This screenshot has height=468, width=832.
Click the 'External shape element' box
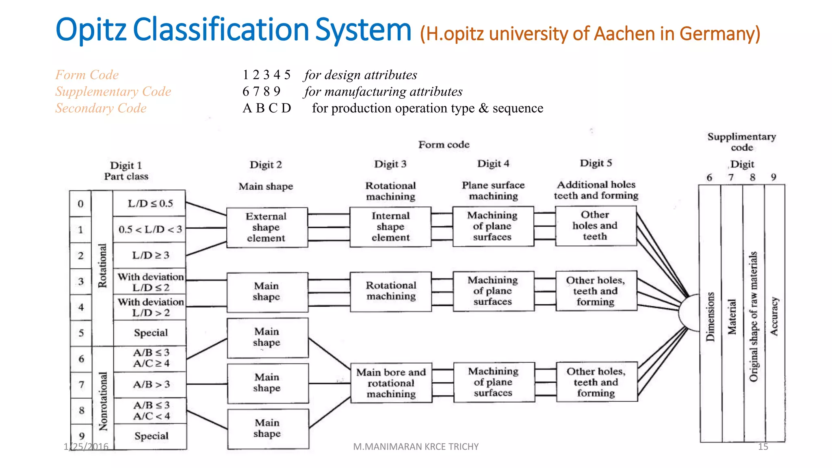coord(266,227)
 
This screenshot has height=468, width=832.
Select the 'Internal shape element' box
coord(390,227)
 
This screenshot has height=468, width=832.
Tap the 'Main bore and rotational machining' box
coord(391,383)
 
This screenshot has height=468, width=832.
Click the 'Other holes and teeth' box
coord(595,225)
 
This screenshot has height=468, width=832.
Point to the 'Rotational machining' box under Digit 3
coord(391,291)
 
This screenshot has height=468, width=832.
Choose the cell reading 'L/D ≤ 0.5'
coord(149,203)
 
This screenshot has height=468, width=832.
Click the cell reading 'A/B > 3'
coord(150,384)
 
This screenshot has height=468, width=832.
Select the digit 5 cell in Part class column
coord(81,333)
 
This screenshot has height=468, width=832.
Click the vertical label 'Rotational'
coord(102,266)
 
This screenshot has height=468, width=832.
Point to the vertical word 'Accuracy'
coord(774,316)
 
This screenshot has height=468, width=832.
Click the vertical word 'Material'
coord(732,317)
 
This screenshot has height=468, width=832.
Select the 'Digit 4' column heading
coord(493,164)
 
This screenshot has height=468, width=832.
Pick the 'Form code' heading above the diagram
coord(444,145)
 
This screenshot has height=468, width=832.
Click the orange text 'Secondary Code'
coord(101,108)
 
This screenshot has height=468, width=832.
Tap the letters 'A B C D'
coord(266,108)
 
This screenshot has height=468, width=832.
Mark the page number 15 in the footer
coord(763,447)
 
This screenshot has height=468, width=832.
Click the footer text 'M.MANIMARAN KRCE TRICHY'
coord(415,447)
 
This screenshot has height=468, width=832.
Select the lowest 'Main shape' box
coord(267,428)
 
